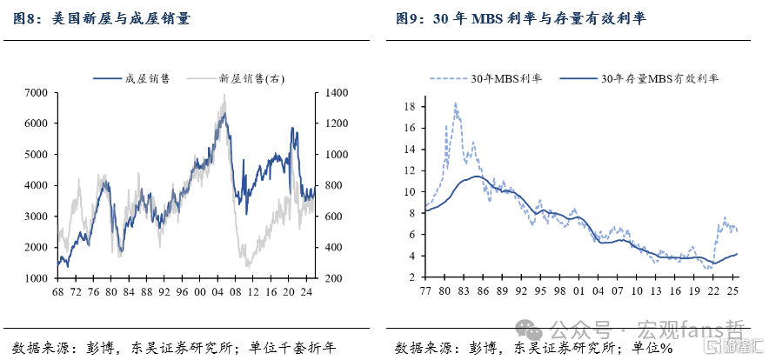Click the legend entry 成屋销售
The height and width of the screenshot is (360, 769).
click(131, 78)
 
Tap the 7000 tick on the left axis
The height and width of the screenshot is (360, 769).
click(37, 93)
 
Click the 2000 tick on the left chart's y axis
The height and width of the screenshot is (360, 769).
click(37, 247)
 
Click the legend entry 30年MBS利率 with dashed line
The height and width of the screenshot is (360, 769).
click(486, 79)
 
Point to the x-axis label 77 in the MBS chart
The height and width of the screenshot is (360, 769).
click(425, 291)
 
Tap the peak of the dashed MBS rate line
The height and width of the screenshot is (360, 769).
click(456, 103)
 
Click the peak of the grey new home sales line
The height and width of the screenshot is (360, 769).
click(224, 95)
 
